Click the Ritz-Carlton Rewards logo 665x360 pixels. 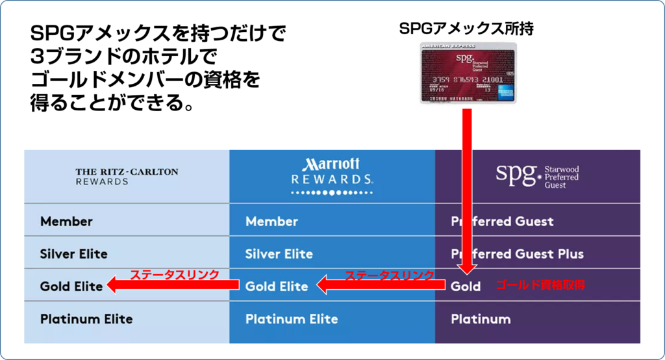[127, 177]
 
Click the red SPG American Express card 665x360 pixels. [468, 72]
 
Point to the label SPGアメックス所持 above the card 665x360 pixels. [467, 29]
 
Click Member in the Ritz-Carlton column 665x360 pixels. [66, 222]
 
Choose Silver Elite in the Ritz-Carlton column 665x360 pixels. [74, 253]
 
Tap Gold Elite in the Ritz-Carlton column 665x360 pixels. [71, 286]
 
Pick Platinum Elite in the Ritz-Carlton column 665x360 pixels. [86, 319]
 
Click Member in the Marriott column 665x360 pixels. [271, 222]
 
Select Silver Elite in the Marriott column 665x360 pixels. [279, 253]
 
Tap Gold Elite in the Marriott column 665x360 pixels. [277, 286]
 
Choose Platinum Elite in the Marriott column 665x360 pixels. [292, 319]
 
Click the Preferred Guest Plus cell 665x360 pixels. [518, 253]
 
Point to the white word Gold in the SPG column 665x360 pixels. [466, 286]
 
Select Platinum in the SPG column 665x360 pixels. [481, 319]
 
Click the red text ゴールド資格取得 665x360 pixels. [541, 285]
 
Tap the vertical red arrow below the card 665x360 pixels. [467, 188]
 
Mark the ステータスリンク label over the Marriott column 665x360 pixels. [389, 275]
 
